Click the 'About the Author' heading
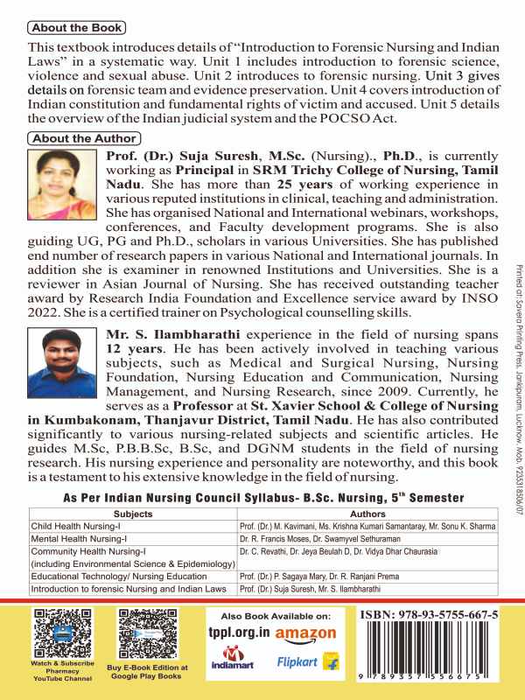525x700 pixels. click(83, 138)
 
